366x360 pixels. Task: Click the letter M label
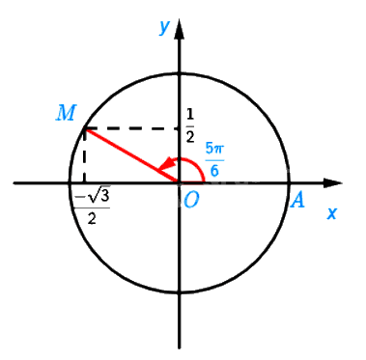(66, 113)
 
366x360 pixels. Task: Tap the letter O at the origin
(191, 201)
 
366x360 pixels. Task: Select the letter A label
(297, 201)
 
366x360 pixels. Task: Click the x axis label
(332, 213)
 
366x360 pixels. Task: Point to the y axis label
(164, 27)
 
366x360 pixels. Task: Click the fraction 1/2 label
(190, 125)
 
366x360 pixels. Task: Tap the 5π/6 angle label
(214, 160)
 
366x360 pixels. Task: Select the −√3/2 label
(92, 205)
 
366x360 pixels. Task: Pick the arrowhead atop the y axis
(180, 30)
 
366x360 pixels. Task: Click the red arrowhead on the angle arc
(166, 165)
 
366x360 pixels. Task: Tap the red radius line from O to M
(131, 155)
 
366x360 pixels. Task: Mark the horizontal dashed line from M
(132, 129)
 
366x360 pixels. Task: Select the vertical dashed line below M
(84, 156)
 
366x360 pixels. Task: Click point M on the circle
(84, 128)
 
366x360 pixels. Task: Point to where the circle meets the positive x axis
(289, 183)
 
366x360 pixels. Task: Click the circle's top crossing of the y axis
(180, 74)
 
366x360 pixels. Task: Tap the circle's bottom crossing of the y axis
(180, 292)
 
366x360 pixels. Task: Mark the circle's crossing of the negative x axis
(70, 183)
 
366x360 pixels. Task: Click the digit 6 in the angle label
(214, 170)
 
